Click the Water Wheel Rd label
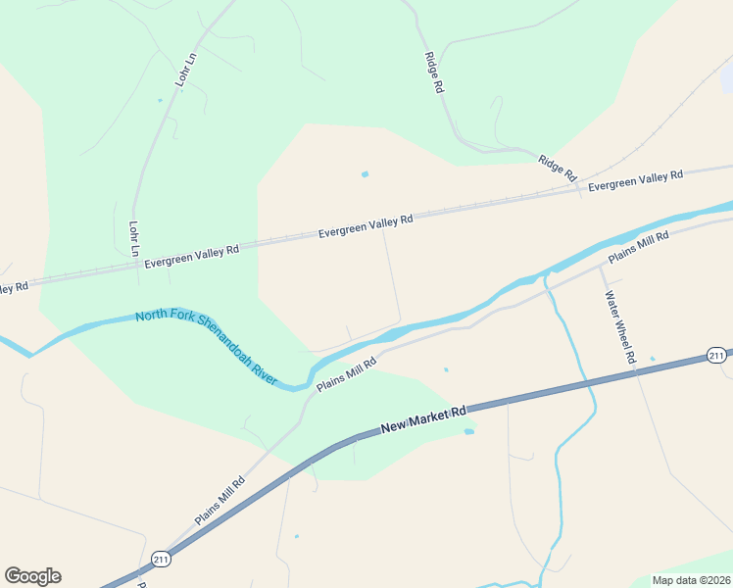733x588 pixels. tap(620, 327)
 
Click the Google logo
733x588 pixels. tap(32, 576)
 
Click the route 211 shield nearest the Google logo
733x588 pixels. tap(161, 560)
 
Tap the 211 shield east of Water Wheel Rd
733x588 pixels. tap(716, 355)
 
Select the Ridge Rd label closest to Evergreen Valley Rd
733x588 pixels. tap(557, 167)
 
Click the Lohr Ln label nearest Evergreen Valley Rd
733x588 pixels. tap(133, 238)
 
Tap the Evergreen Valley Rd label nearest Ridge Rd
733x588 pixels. tap(635, 180)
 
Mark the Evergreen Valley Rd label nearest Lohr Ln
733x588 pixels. tap(192, 257)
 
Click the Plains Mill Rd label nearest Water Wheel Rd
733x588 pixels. tap(638, 247)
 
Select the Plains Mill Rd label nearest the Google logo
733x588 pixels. tap(220, 501)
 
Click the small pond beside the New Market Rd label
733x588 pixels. tap(468, 431)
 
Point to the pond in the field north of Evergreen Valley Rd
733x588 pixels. tap(365, 174)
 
